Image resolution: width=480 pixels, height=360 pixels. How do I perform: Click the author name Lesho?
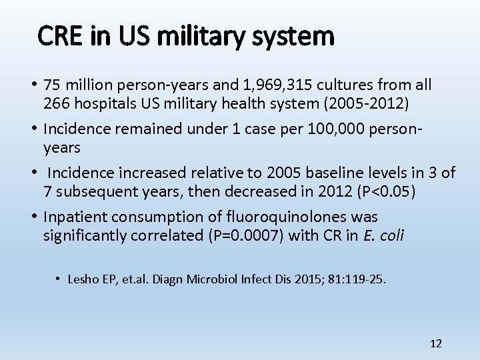82,279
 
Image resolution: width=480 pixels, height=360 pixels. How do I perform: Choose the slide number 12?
436,343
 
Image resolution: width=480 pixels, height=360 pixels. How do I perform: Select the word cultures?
345,85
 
